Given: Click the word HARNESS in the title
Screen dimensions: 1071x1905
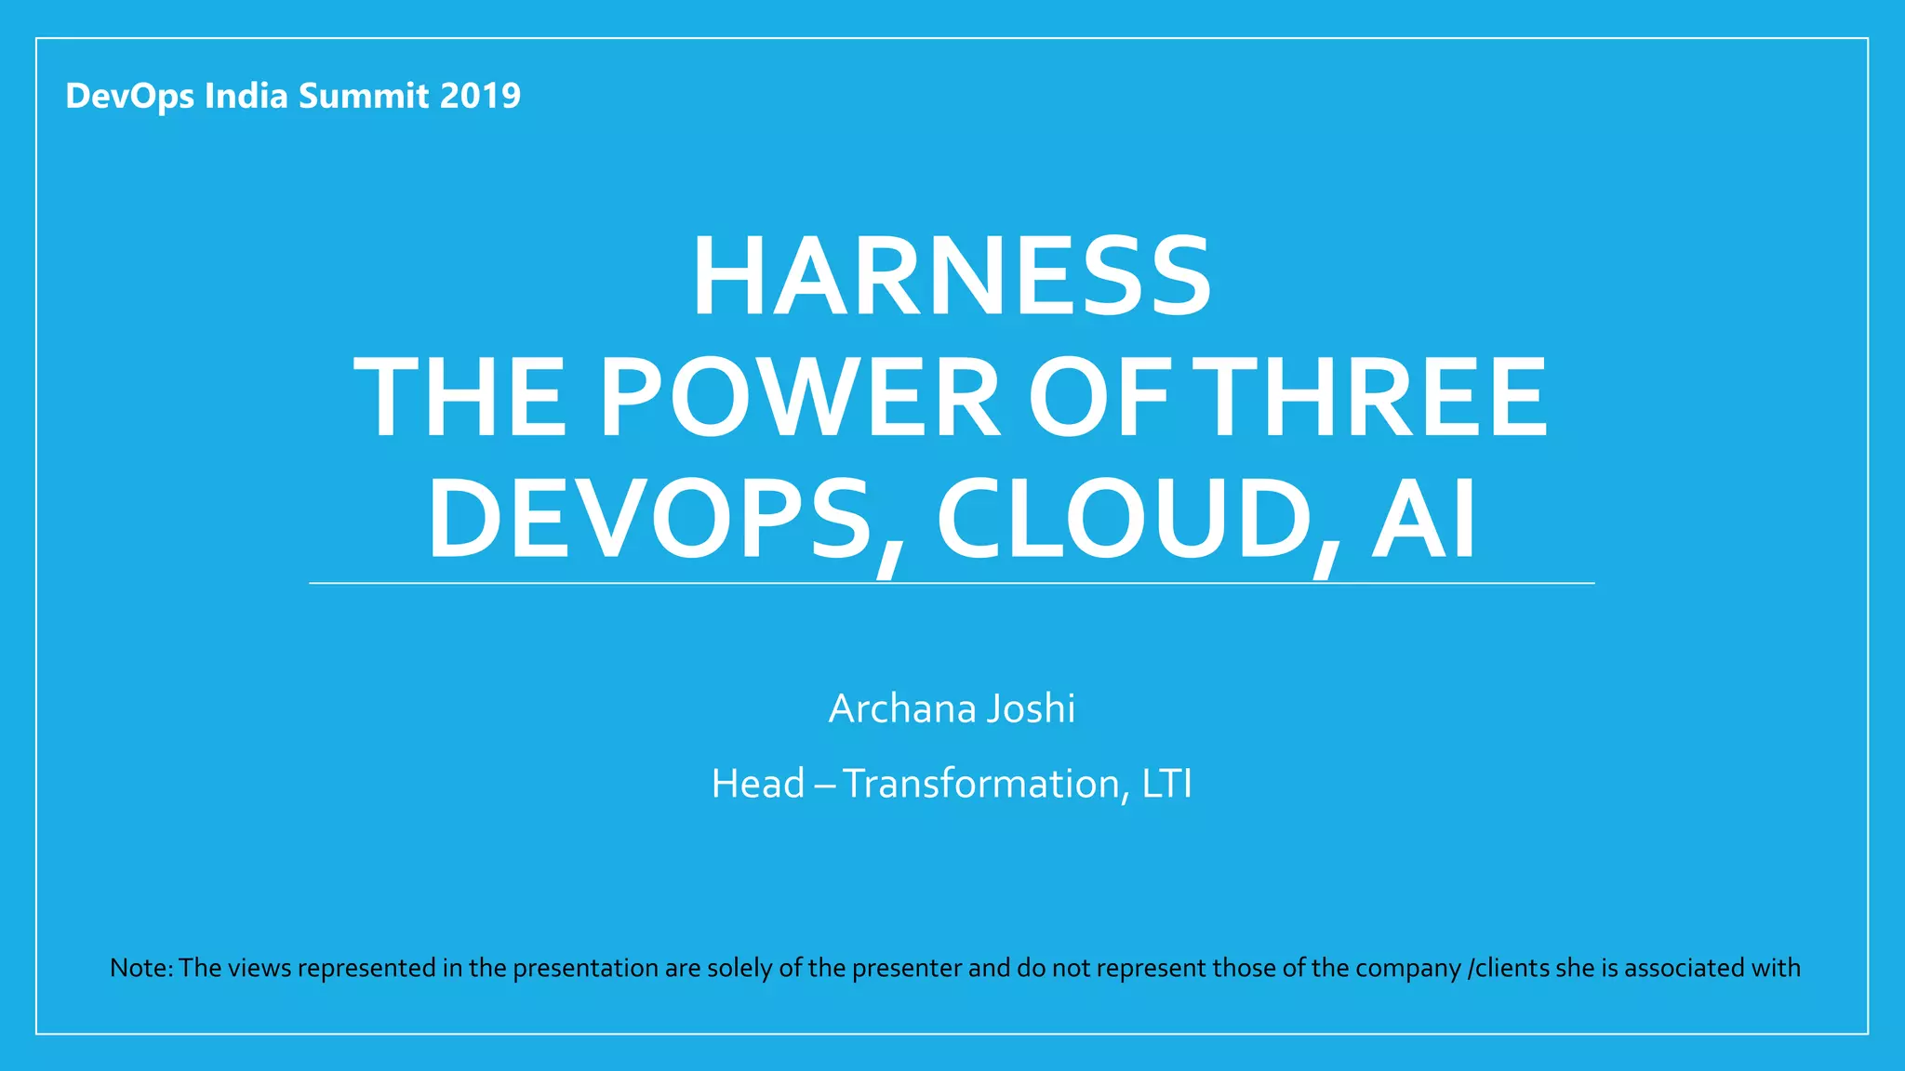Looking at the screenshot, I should coord(952,277).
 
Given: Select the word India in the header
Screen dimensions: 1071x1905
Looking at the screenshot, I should coord(246,96).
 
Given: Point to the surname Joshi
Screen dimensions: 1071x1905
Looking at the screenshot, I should coord(1031,708).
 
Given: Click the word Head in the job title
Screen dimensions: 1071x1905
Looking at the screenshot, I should coord(758,784).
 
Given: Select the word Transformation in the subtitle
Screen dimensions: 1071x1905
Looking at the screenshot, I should coord(980,784).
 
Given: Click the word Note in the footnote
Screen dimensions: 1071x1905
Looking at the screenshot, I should coord(139,968).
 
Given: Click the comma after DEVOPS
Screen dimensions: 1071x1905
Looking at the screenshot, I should coord(887,558).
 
